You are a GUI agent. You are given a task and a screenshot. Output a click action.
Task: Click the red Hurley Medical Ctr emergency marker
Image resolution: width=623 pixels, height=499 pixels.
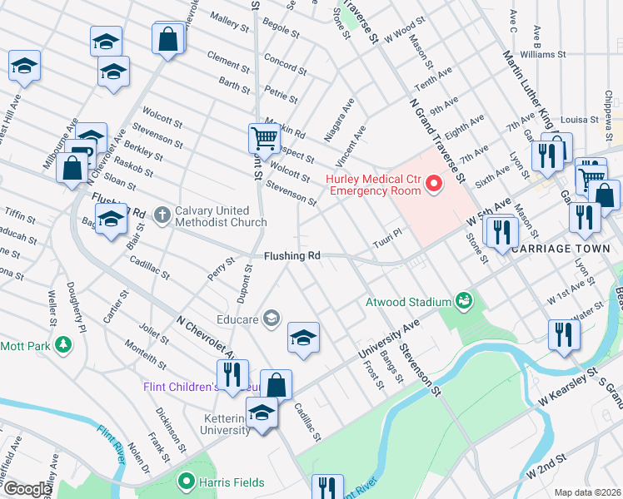point(433,184)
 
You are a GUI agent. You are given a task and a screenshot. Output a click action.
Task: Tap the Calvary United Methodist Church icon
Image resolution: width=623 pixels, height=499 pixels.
point(162,215)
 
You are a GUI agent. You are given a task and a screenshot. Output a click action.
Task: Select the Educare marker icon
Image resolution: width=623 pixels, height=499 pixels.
point(271,317)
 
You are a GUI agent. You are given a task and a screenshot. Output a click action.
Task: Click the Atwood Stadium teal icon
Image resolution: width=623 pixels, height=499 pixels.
point(464,301)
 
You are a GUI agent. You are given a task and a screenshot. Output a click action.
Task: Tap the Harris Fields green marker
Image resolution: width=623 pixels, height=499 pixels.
point(187,482)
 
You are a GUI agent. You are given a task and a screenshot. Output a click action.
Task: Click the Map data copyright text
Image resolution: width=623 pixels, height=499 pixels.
point(587,492)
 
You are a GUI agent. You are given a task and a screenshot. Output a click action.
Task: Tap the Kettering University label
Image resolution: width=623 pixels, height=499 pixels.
point(225,423)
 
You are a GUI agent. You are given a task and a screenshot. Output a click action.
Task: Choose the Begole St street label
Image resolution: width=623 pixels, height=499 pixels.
point(280,30)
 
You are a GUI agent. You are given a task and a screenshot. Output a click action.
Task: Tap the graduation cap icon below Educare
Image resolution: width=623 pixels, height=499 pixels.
point(303,337)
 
